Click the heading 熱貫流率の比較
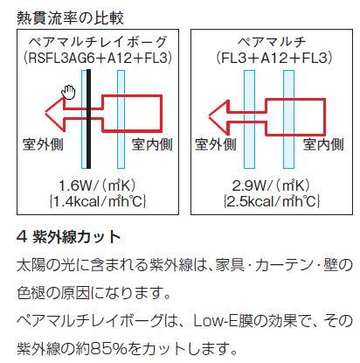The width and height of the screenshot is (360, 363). click(70, 17)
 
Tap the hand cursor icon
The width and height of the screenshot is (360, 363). click(68, 93)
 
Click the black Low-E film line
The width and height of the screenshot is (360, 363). click(88, 119)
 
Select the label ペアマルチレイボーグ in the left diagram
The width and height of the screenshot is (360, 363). click(98, 42)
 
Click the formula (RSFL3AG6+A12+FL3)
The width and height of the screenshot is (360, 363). click(98, 58)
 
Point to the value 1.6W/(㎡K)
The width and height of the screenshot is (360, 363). click(98, 185)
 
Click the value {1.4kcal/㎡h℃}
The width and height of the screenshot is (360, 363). click(98, 201)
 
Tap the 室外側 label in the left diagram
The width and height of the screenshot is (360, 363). click(43, 144)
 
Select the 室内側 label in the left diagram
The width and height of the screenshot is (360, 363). click(152, 144)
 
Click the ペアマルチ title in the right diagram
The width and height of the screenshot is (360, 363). click(272, 42)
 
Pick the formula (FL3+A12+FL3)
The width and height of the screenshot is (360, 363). click(274, 58)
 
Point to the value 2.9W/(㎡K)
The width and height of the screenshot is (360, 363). click(271, 185)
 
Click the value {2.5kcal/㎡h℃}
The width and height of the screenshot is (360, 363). click(272, 201)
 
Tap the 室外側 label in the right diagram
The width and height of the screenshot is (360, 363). click(216, 144)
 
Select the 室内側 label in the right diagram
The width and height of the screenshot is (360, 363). click(323, 144)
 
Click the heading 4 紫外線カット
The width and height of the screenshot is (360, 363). click(69, 237)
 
